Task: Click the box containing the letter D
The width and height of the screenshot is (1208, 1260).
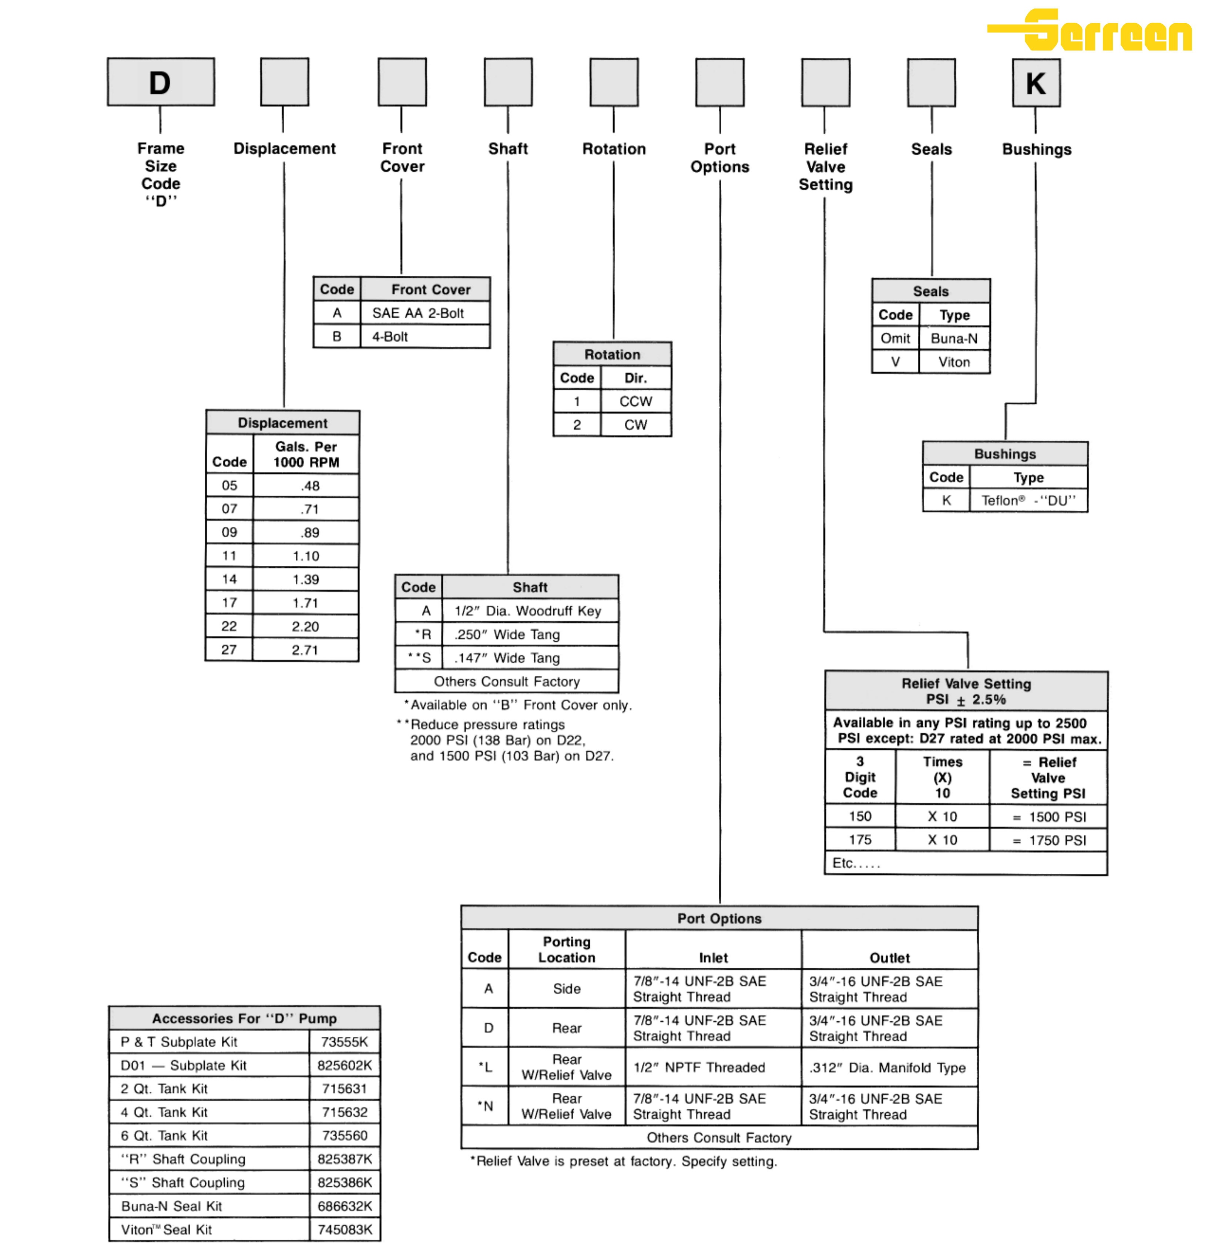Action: (161, 82)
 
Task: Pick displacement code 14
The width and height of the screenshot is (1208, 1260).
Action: (229, 579)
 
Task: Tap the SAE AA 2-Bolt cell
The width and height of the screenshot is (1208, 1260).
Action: (418, 313)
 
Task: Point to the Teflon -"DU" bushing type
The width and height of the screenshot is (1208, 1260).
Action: (1028, 501)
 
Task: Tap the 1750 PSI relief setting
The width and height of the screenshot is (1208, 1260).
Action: (1057, 840)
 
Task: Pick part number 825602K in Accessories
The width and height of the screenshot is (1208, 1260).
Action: (345, 1065)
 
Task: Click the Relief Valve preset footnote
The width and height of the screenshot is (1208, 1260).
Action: (624, 1161)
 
